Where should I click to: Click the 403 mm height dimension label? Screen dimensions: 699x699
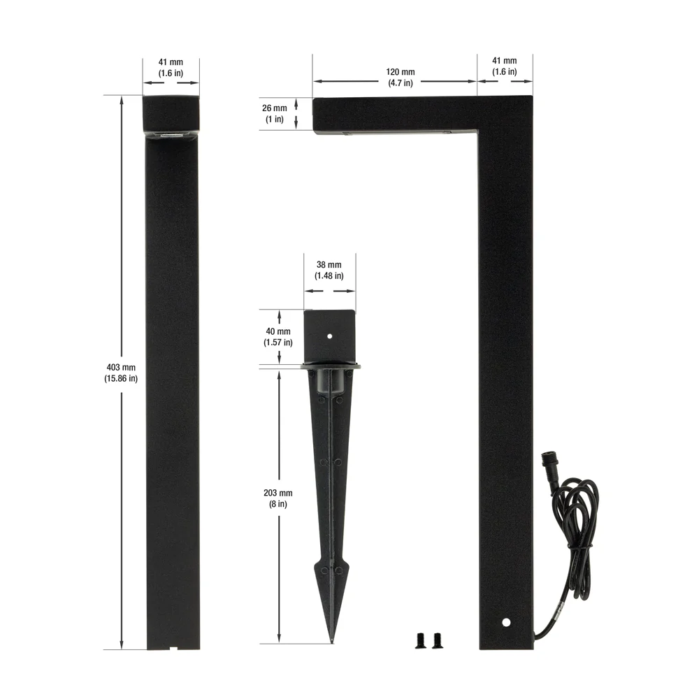click(x=121, y=373)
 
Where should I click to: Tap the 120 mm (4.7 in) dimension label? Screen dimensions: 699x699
click(x=401, y=77)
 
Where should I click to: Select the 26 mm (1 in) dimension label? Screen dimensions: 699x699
click(x=275, y=113)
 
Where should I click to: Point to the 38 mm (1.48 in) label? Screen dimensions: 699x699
click(x=329, y=270)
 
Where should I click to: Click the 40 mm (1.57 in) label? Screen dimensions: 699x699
click(x=278, y=337)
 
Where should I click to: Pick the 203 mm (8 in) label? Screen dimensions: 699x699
click(x=278, y=498)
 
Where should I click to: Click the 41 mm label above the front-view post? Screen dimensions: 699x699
click(x=171, y=67)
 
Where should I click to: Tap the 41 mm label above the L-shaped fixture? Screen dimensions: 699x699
click(x=505, y=66)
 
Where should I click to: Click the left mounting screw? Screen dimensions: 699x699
click(x=420, y=640)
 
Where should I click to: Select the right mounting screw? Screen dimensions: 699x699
click(x=436, y=640)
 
